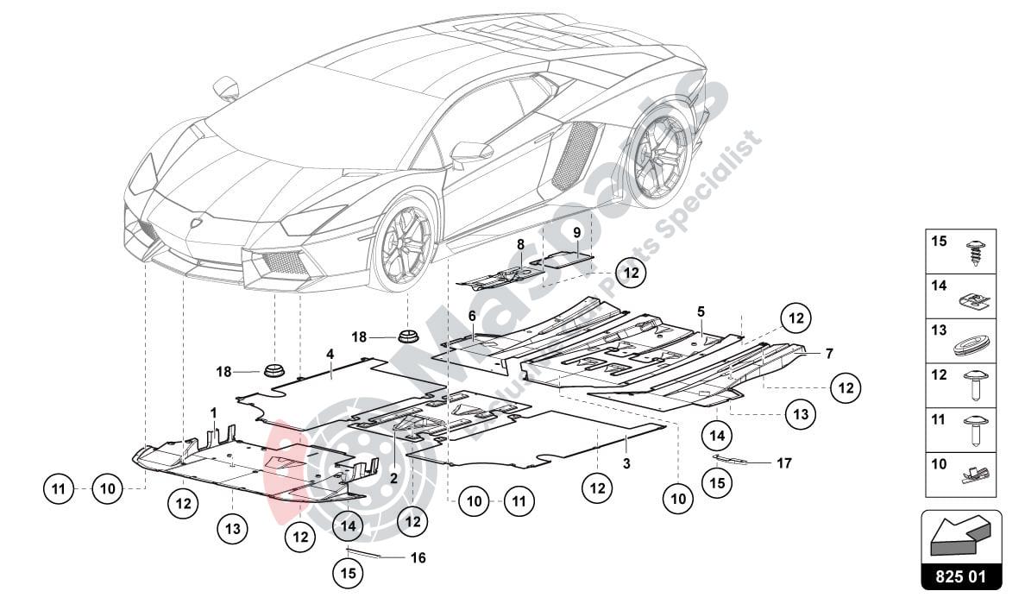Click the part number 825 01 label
pos(961,575)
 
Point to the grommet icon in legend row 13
pos(972,343)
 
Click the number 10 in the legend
pos(939,464)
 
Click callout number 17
pos(783,463)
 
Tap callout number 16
pos(418,558)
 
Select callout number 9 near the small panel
pos(576,233)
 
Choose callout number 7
pos(828,353)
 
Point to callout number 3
pos(626,463)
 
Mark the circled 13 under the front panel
pos(233,528)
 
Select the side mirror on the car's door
pos(470,153)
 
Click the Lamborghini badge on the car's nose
pos(197,222)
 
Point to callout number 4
pos(330,353)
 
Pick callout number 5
pos(701,311)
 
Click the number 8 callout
pos(520,245)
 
